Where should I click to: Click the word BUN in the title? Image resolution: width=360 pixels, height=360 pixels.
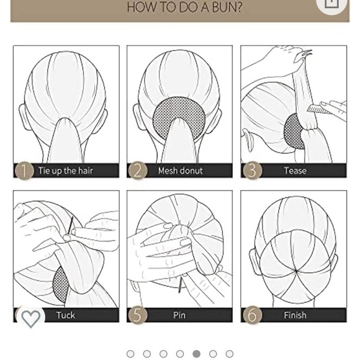click(x=224, y=7)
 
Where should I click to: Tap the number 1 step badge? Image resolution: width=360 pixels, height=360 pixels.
click(x=24, y=171)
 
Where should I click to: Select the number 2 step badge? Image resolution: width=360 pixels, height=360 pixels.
click(x=137, y=171)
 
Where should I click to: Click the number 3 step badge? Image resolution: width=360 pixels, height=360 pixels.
click(x=251, y=171)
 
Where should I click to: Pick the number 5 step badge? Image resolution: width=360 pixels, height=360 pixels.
click(x=137, y=315)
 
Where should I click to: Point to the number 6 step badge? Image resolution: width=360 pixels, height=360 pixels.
click(x=251, y=315)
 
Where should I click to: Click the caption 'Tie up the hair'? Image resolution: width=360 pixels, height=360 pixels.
click(x=66, y=171)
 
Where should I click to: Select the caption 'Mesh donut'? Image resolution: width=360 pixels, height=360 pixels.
click(x=180, y=171)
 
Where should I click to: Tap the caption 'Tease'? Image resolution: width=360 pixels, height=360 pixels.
click(x=295, y=171)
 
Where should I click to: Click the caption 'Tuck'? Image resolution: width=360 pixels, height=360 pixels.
click(x=66, y=315)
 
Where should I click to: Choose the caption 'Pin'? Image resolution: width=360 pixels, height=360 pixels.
click(x=179, y=315)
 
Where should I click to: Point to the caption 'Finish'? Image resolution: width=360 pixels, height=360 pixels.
click(x=295, y=315)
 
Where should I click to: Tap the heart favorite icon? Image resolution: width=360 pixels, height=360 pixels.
click(x=30, y=318)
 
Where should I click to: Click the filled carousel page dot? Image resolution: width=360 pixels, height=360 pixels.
click(x=196, y=354)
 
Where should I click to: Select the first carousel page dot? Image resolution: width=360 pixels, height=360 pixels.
click(x=130, y=354)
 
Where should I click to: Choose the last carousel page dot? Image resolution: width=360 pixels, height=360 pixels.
click(x=230, y=354)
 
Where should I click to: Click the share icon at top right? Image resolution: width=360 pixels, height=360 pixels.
click(x=331, y=3)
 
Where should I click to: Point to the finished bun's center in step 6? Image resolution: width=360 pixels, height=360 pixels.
click(x=296, y=271)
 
